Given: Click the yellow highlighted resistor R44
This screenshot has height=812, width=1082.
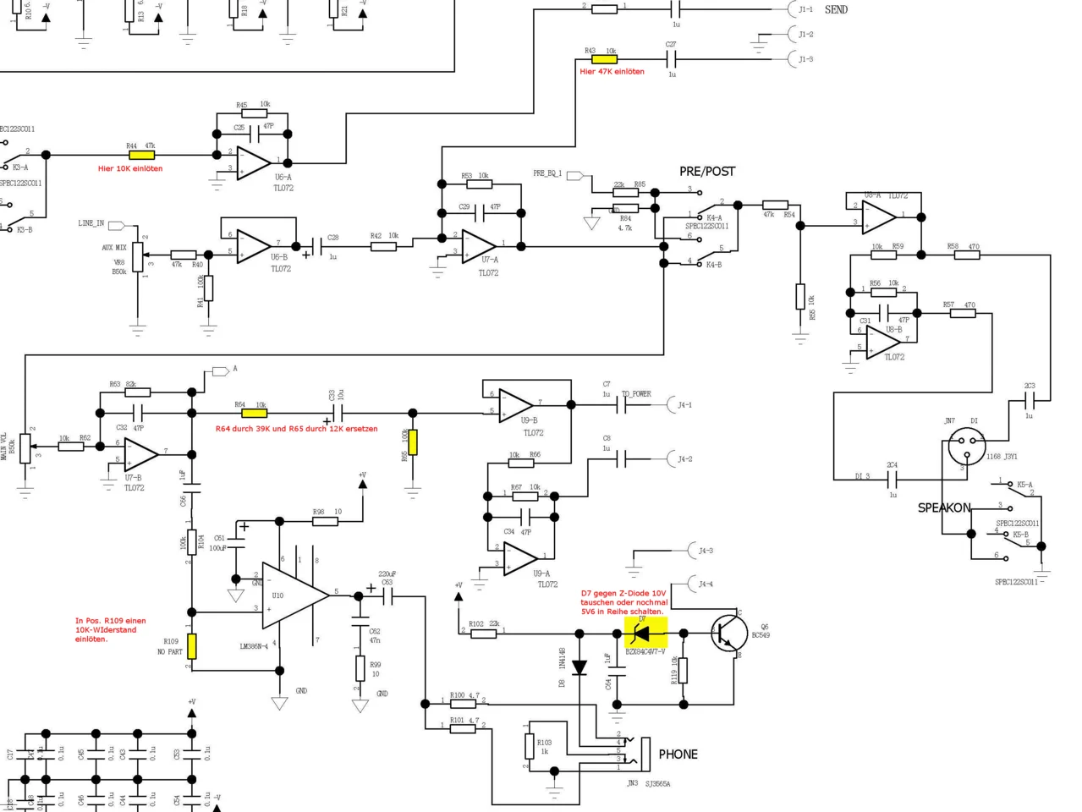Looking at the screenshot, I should (x=141, y=155).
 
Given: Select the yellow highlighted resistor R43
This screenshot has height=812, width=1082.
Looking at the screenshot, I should (x=604, y=59).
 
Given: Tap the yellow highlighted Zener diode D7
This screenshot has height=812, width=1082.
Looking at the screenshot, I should (x=645, y=632).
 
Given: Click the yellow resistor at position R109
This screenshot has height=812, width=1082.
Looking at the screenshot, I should (x=192, y=645).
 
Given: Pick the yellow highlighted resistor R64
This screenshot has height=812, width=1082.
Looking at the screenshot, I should (x=254, y=413).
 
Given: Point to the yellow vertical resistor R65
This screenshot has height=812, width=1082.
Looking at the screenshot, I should (x=412, y=442).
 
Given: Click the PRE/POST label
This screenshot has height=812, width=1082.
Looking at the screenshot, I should (x=707, y=171).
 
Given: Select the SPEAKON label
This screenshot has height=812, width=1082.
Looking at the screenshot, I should (x=944, y=507).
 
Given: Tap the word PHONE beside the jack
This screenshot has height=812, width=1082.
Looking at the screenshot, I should (x=678, y=754).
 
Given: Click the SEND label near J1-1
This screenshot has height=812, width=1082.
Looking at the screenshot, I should (x=836, y=9).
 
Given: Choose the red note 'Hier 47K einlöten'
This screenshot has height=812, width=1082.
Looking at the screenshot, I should (x=612, y=72).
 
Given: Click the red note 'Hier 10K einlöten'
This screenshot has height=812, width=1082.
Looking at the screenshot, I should (x=129, y=168).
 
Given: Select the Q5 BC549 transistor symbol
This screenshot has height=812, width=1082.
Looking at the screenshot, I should (x=728, y=632).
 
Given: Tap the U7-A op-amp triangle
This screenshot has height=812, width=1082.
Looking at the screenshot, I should (x=478, y=246).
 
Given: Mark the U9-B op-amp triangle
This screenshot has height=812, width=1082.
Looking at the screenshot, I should (x=514, y=404).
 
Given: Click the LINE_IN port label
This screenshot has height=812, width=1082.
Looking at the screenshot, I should (x=91, y=223).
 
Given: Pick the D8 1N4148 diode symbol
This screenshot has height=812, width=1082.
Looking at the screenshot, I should (x=579, y=668).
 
